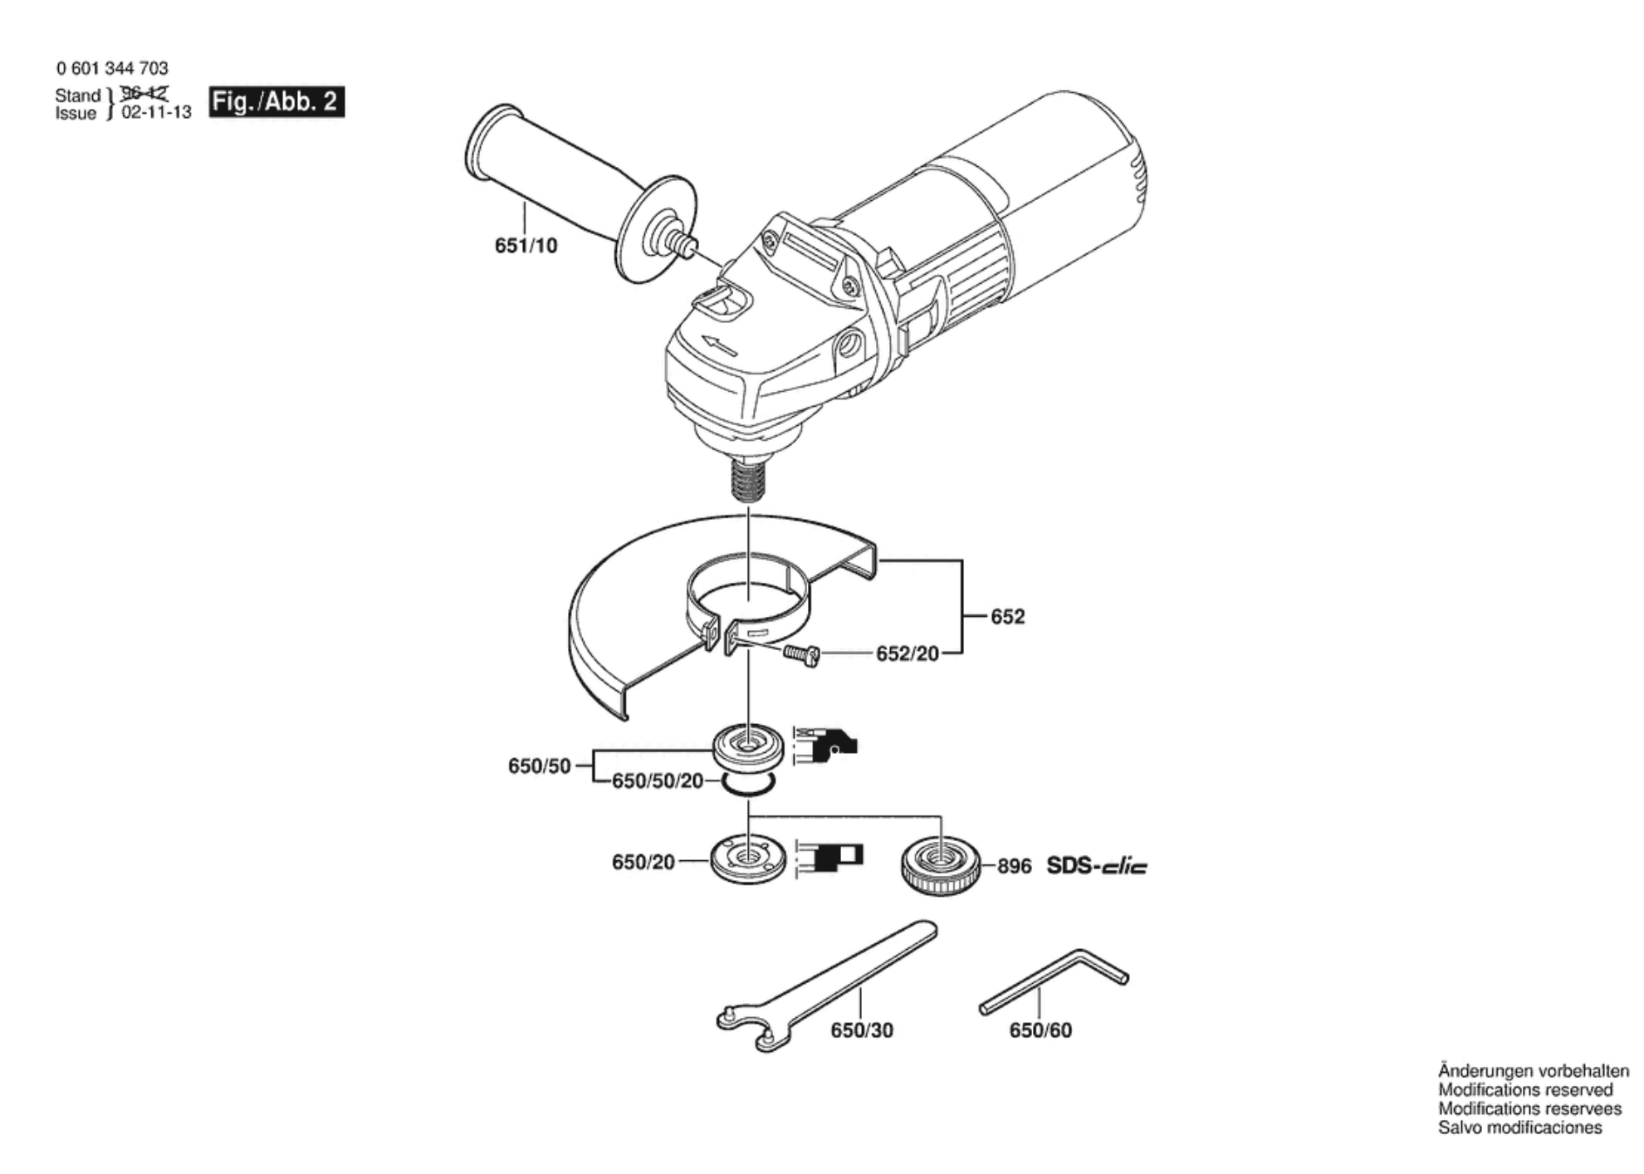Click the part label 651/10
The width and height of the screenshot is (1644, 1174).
tap(526, 246)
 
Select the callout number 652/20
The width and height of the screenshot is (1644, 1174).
tap(908, 654)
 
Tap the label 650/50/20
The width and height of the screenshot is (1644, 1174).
tap(658, 781)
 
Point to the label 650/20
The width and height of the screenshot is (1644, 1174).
tap(643, 863)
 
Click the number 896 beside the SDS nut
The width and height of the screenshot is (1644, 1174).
tap(1014, 867)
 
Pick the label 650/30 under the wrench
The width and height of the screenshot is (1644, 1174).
tap(862, 1030)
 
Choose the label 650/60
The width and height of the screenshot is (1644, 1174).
tap(1040, 1030)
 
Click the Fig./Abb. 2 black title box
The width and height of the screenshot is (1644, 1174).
tap(276, 101)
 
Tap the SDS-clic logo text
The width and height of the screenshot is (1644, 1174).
tap(1096, 866)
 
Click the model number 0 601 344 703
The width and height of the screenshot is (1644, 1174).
tap(112, 68)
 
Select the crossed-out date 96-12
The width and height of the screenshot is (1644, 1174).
tap(144, 93)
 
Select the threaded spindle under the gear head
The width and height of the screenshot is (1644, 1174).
tap(747, 480)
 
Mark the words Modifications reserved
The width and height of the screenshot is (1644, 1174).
tap(1525, 1090)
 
